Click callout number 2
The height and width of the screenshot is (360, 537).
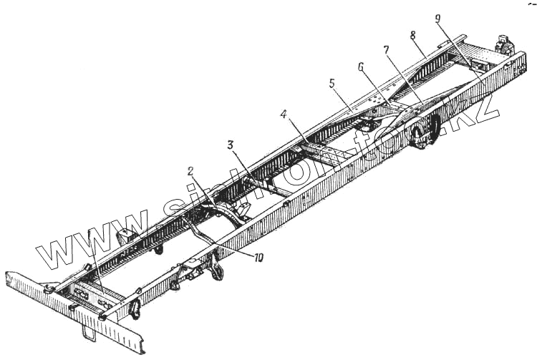pos(190,171)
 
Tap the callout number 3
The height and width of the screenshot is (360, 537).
pos(230,145)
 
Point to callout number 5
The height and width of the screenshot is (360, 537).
pos(332,83)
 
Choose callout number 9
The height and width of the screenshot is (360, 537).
pos(438,19)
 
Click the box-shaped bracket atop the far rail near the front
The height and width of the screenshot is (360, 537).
pos(126,236)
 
